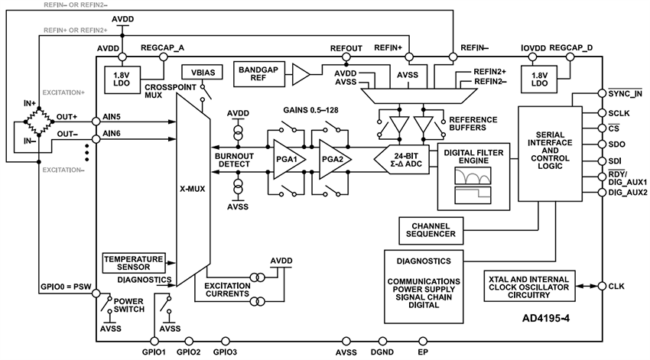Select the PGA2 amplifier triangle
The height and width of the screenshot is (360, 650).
[333, 161]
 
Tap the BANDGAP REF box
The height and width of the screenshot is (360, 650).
[260, 73]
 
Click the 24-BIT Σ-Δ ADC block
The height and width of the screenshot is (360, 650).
[403, 161]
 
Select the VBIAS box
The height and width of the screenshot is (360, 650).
[197, 73]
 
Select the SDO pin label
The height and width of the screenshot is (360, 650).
[616, 143]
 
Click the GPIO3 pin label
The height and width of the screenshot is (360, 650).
[225, 352]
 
